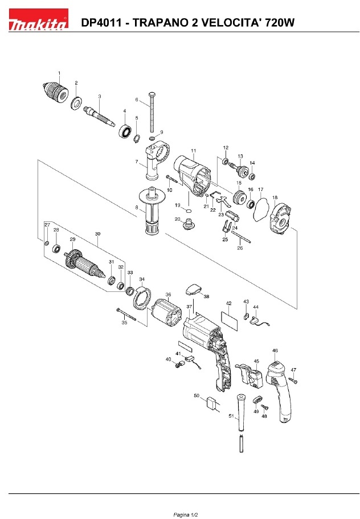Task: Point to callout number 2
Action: pyautogui.click(x=76, y=83)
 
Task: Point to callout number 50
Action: pyautogui.click(x=197, y=395)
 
